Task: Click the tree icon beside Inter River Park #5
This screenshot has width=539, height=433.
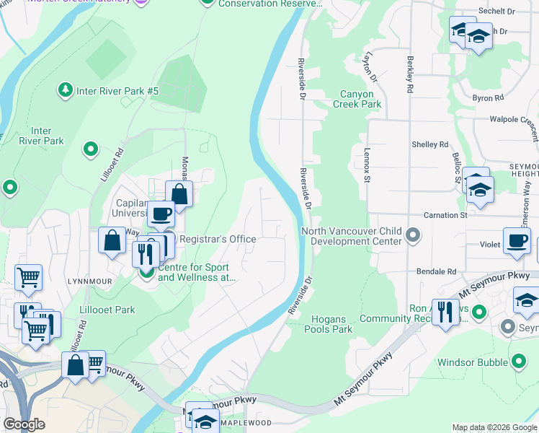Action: [x=66, y=90]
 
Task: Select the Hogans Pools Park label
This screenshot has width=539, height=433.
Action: [x=331, y=324]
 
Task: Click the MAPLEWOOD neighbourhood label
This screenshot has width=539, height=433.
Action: [x=245, y=422]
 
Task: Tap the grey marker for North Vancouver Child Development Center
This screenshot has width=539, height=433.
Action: [x=413, y=235]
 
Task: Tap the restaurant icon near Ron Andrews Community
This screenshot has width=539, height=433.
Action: [x=445, y=312]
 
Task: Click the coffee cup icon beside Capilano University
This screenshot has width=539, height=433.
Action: [x=161, y=214]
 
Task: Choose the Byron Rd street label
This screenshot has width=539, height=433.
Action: [x=488, y=97]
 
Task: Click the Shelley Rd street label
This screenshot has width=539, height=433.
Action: [x=429, y=144]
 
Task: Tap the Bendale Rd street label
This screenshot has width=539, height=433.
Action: [x=437, y=271]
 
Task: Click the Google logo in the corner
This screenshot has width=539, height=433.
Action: [x=24, y=424]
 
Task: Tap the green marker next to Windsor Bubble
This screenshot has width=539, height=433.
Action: [x=518, y=362]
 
